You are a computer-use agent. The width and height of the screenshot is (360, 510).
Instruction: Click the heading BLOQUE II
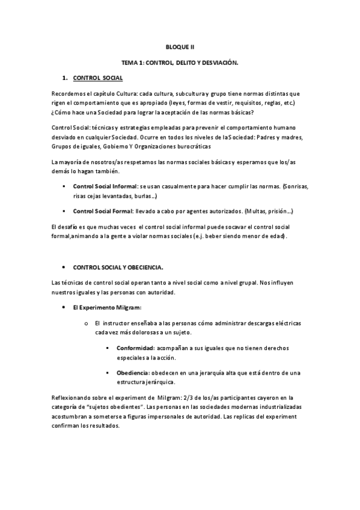(x=180, y=46)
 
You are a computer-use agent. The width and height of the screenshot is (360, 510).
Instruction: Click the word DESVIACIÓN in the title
(x=219, y=63)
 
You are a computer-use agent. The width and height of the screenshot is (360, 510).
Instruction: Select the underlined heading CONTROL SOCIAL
(x=97, y=78)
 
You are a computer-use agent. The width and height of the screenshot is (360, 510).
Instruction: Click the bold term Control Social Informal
(x=105, y=186)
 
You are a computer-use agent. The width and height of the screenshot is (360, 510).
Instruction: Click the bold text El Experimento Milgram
(x=106, y=307)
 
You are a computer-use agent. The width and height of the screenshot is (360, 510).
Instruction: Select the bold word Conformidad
(x=135, y=348)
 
